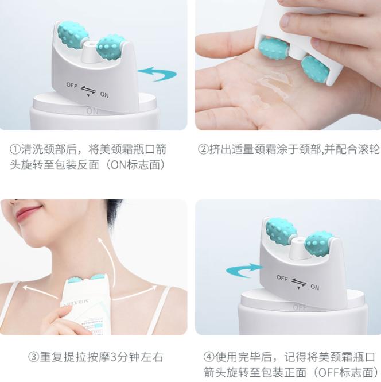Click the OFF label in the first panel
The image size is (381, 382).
(x=71, y=85)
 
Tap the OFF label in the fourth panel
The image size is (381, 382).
(x=282, y=278)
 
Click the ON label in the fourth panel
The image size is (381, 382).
(x=314, y=287)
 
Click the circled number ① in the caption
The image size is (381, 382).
(x=16, y=149)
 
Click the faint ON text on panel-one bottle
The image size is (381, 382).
(x=92, y=111)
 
